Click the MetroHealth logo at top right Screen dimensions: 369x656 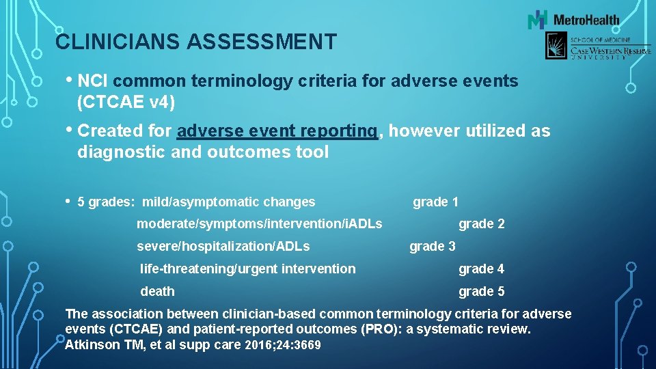coord(573,20)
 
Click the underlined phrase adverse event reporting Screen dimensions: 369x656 coord(277,131)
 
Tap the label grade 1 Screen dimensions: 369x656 coord(435,202)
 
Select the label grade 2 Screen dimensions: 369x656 coord(481,223)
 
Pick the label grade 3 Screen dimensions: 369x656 coord(432,246)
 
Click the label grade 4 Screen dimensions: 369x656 coord(481,269)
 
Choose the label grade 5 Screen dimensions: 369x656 coord(481,291)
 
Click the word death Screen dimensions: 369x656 coord(157,291)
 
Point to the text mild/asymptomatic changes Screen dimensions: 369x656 coord(228,202)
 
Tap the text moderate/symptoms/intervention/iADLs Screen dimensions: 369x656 coord(259,223)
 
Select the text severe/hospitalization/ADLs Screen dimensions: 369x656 coord(223,246)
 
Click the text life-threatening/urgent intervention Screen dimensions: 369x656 coord(247,269)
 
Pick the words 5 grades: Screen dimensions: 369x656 coord(107,202)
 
